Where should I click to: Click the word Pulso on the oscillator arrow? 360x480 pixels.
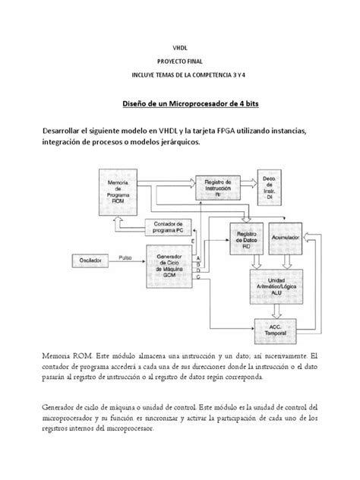pyautogui.click(x=125, y=256)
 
